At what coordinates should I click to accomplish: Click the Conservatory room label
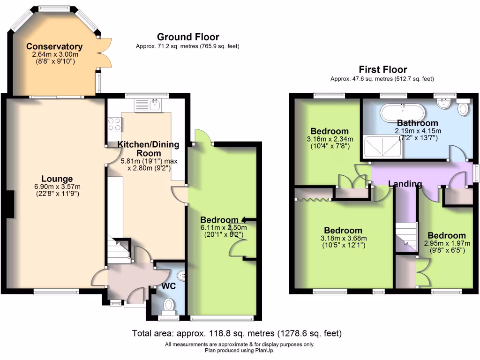coord(54,46)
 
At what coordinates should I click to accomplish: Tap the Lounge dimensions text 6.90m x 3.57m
coord(57,187)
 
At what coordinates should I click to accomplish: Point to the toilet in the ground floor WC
coord(169,306)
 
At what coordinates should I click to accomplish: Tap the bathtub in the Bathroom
coord(403,112)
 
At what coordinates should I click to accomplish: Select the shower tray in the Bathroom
coord(383,146)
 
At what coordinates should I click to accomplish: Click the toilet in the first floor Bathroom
coord(463,109)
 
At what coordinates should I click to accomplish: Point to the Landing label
coord(405,184)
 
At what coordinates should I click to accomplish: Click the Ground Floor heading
coord(188,37)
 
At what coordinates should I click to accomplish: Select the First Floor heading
coord(383,69)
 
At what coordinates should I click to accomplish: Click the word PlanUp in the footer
coord(265,350)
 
